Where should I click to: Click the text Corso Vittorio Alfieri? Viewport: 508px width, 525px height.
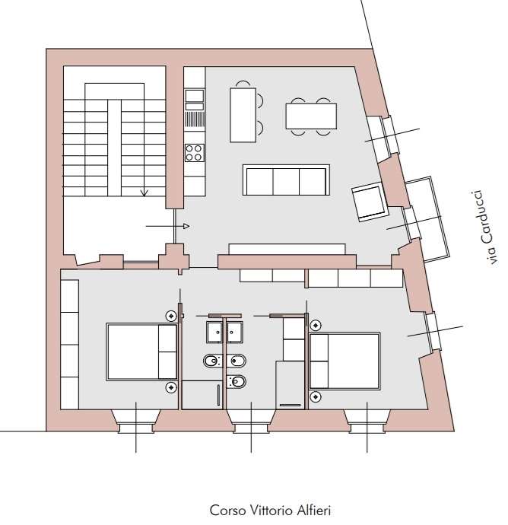pyautogui.click(x=270, y=511)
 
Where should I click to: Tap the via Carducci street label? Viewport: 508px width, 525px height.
pyautogui.click(x=487, y=228)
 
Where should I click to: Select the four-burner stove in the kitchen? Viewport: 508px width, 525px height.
pyautogui.click(x=194, y=153)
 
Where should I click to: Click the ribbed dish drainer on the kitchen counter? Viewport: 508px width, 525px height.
pyautogui.click(x=195, y=119)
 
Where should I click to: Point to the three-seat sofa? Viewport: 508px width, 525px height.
pyautogui.click(x=286, y=180)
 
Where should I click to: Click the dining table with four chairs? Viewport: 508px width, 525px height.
pyautogui.click(x=311, y=116)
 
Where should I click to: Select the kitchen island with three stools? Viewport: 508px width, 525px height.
pyautogui.click(x=246, y=113)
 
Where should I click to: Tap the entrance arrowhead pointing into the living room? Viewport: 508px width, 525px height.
pyautogui.click(x=186, y=226)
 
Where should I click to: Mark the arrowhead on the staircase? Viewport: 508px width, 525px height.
pyautogui.click(x=144, y=192)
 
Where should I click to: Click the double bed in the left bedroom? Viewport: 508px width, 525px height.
pyautogui.click(x=142, y=352)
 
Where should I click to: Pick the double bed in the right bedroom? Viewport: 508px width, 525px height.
pyautogui.click(x=344, y=361)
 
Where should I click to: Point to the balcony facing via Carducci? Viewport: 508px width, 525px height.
pyautogui.click(x=427, y=219)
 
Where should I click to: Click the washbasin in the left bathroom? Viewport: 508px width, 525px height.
pyautogui.click(x=214, y=332)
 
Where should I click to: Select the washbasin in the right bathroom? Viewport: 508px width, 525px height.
pyautogui.click(x=235, y=332)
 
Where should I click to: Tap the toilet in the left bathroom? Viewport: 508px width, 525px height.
pyautogui.click(x=212, y=361)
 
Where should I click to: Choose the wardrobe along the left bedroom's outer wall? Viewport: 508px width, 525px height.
pyautogui.click(x=70, y=345)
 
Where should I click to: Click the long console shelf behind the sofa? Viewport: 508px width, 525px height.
pyautogui.click(x=287, y=249)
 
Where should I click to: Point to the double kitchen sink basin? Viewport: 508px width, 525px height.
pyautogui.click(x=195, y=100)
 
